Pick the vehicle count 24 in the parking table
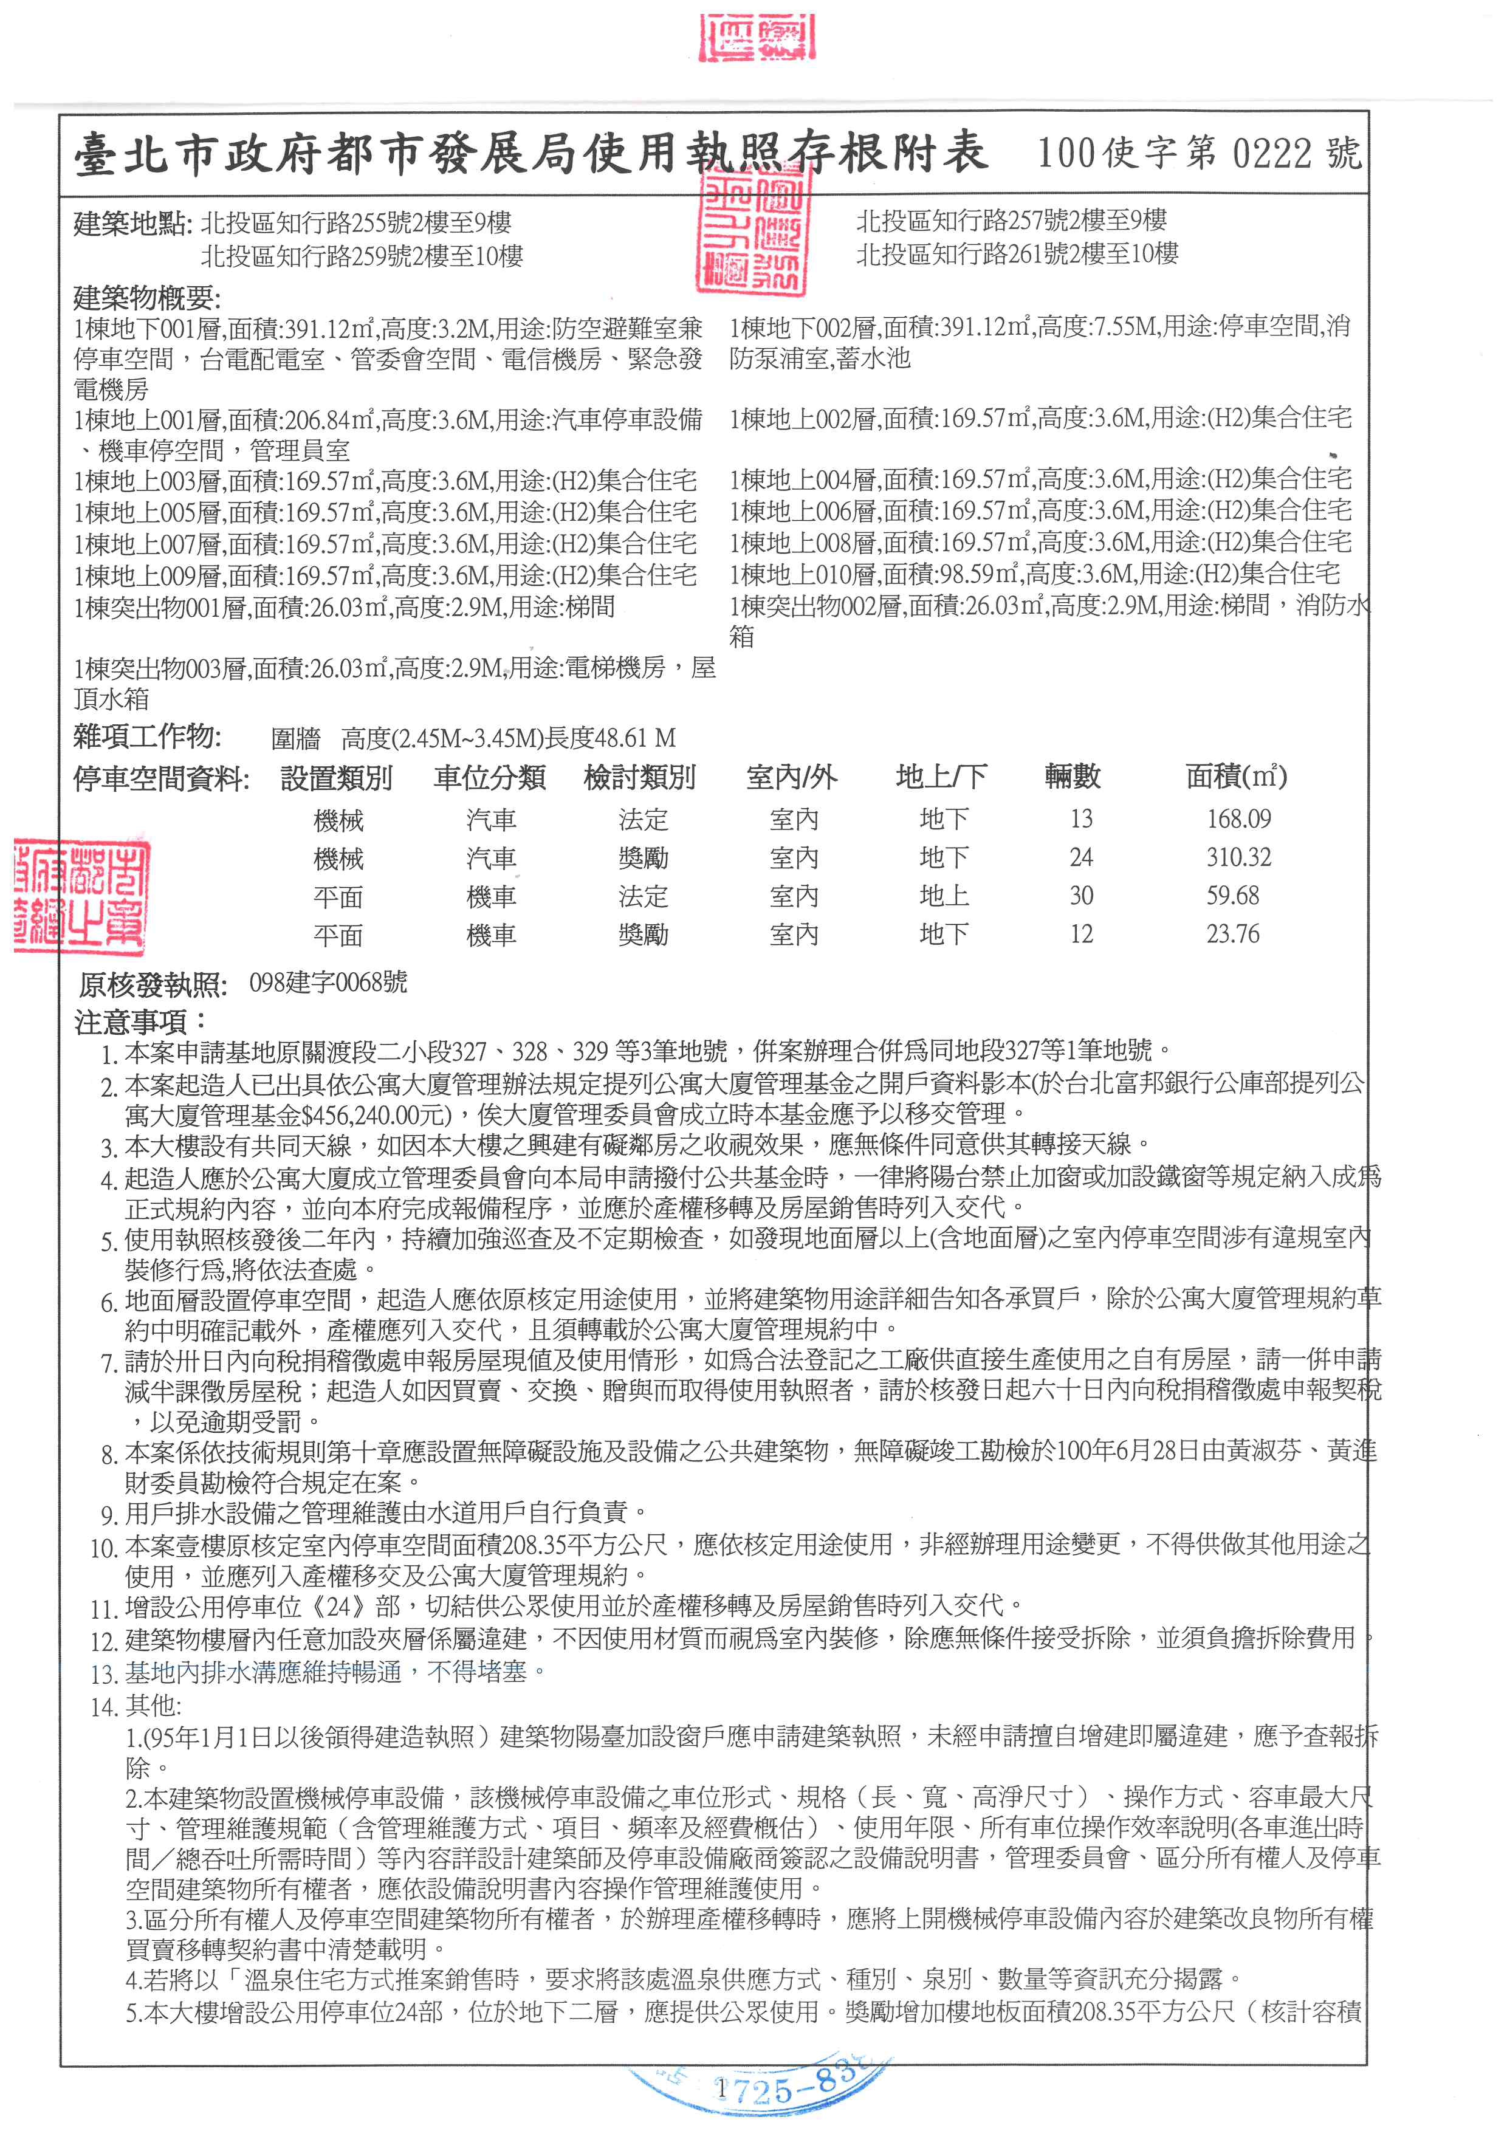1080,857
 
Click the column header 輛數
1072,776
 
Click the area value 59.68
1232,896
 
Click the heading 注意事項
139,1022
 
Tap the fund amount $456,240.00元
378,1113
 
